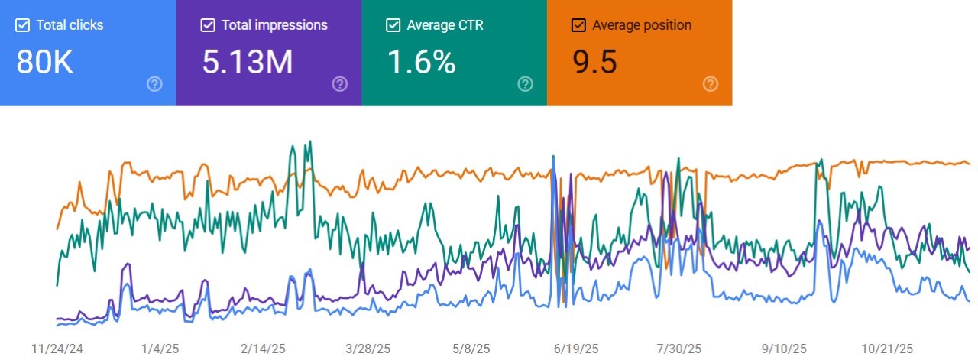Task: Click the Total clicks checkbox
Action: (22, 25)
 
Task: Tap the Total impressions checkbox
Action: (208, 25)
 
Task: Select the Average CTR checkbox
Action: (393, 25)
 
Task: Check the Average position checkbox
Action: (578, 25)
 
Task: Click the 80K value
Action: (44, 62)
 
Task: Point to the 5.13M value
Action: (248, 62)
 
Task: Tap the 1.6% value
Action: (421, 62)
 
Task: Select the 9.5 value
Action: (594, 62)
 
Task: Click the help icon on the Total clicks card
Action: (154, 84)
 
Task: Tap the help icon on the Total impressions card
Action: (340, 84)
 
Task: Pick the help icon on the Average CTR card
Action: (525, 84)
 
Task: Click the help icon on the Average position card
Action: (711, 84)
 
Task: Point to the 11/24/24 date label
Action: (57, 349)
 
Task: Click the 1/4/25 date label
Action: (160, 349)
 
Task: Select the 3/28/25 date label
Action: (368, 349)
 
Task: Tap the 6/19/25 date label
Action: (575, 349)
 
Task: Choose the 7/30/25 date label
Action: (679, 349)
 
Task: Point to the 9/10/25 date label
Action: (784, 349)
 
